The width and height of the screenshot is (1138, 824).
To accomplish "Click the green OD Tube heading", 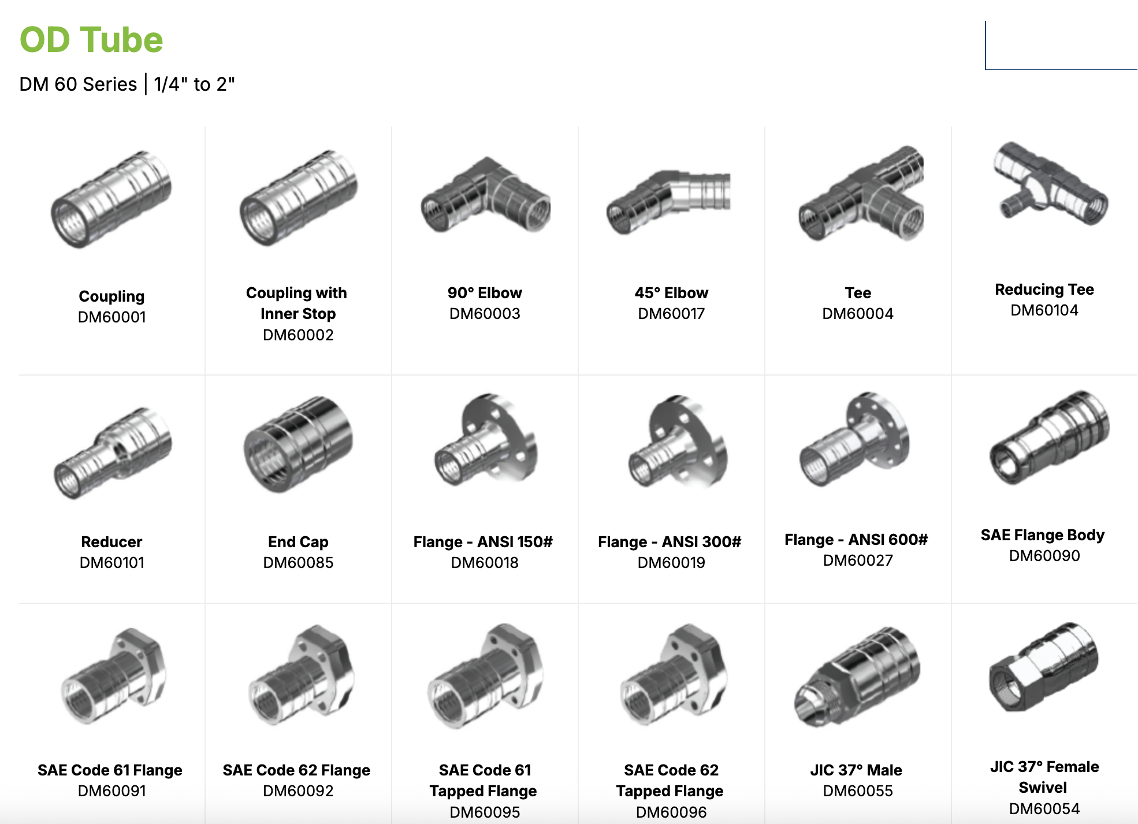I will click(91, 40).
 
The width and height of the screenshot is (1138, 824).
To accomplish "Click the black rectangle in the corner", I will click(1061, 44).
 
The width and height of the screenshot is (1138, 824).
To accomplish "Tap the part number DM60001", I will click(112, 317).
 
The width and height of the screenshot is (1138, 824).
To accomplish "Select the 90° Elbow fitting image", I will click(485, 196).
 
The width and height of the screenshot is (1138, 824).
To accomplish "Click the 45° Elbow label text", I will click(671, 293).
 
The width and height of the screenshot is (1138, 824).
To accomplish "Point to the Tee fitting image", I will click(861, 194).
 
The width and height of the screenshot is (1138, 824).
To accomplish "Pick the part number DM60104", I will click(1044, 310).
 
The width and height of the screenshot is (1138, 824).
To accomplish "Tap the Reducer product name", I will click(111, 542).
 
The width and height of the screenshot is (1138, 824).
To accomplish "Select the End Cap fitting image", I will click(298, 444).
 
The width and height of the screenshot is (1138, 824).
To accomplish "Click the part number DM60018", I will click(485, 563).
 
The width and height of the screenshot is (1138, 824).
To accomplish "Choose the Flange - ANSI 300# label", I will click(670, 542).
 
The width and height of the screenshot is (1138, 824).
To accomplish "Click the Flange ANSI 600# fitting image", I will click(855, 439).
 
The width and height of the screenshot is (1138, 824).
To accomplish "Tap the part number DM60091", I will click(112, 791).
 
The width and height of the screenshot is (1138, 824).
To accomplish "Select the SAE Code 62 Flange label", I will click(296, 770).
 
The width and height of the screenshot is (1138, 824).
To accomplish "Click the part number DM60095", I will click(485, 812).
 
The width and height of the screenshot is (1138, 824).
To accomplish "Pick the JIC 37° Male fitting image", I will click(857, 676).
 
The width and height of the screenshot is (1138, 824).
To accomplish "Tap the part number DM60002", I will click(298, 335).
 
